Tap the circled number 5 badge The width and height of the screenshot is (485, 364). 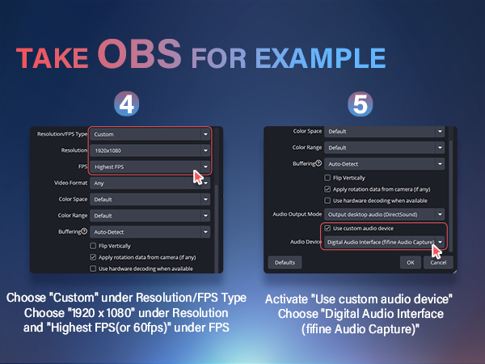pyautogui.click(x=361, y=104)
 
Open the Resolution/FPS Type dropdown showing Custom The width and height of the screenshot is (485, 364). pyautogui.click(x=150, y=133)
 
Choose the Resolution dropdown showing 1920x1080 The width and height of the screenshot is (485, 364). pyautogui.click(x=150, y=150)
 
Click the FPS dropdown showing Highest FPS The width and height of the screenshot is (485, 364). pyautogui.click(x=150, y=167)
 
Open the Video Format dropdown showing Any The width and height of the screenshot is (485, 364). pyautogui.click(x=150, y=184)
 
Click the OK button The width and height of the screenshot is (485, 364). pyautogui.click(x=411, y=263)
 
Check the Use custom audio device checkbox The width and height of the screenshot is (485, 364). pyautogui.click(x=327, y=229)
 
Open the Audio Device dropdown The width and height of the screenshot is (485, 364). pyautogui.click(x=384, y=242)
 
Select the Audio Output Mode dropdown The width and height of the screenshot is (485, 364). pyautogui.click(x=384, y=214)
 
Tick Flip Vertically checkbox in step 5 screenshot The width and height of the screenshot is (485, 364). pyautogui.click(x=327, y=177)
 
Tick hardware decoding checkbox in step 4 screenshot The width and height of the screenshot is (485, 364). pyautogui.click(x=94, y=269)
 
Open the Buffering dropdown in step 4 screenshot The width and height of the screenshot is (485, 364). pyautogui.click(x=150, y=231)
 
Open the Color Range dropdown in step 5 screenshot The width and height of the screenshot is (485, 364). pyautogui.click(x=384, y=148)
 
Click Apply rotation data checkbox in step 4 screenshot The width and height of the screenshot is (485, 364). pyautogui.click(x=94, y=256)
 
